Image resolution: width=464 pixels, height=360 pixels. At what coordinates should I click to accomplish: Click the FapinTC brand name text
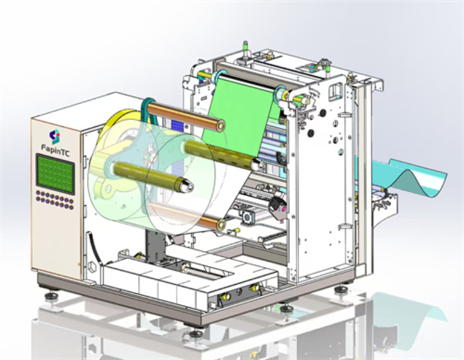pos(56,148)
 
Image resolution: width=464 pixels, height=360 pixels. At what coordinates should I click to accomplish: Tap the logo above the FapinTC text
pos(55,136)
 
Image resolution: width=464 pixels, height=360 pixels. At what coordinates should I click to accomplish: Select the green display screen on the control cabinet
pos(56,173)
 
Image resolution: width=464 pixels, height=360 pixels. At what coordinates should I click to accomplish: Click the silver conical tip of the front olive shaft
pos(187,186)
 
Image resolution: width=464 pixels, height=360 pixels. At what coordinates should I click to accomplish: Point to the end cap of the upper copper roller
pos(220,126)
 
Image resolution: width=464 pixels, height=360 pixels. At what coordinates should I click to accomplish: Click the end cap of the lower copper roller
pos(221,225)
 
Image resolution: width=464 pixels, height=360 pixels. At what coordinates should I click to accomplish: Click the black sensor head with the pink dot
pos(278,208)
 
